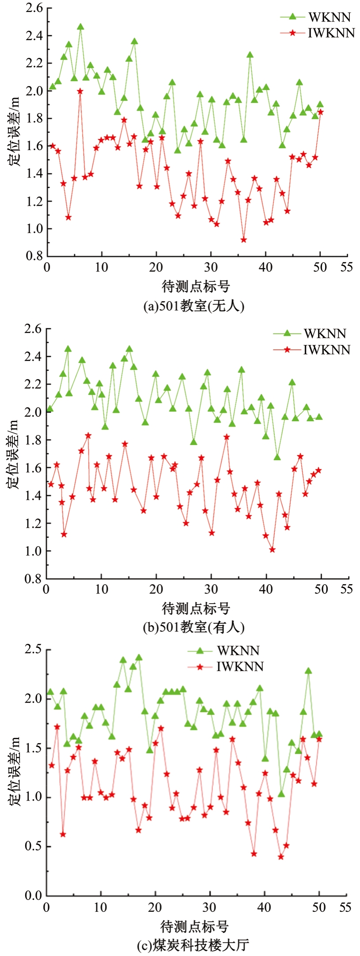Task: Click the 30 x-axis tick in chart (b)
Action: (x=211, y=589)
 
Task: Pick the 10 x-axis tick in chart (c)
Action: (x=101, y=907)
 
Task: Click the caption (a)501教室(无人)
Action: (x=194, y=306)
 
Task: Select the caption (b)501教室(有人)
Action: (x=194, y=627)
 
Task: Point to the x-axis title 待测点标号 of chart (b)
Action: (x=196, y=608)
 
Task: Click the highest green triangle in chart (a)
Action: (x=80, y=27)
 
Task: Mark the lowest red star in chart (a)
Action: (x=243, y=240)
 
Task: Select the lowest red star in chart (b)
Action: (x=272, y=550)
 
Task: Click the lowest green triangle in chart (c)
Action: (x=281, y=794)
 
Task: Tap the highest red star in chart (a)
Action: (x=80, y=91)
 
